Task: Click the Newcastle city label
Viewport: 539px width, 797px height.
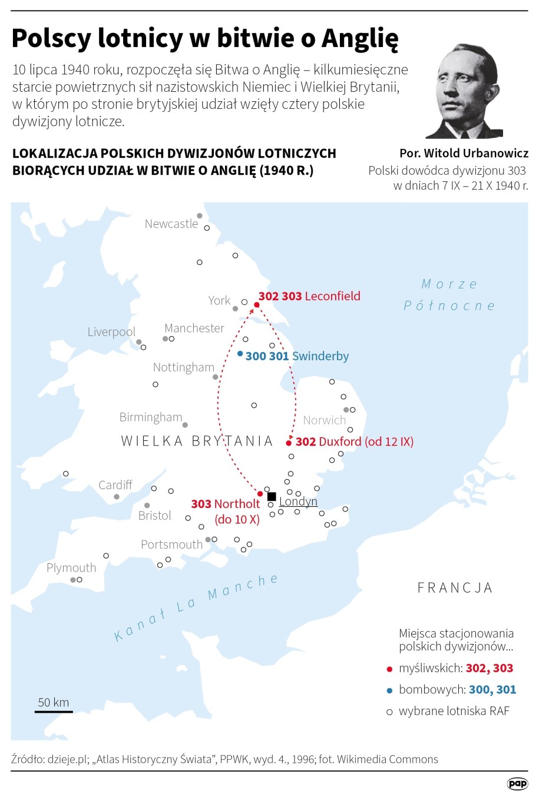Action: pyautogui.click(x=171, y=224)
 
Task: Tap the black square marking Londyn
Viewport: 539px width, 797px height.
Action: pyautogui.click(x=272, y=496)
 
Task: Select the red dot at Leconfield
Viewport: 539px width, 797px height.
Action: pyautogui.click(x=256, y=305)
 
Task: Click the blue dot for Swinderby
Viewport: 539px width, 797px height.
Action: pyautogui.click(x=240, y=354)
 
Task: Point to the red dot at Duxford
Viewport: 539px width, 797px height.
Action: pyautogui.click(x=289, y=443)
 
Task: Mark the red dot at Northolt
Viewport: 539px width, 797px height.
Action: pyautogui.click(x=260, y=493)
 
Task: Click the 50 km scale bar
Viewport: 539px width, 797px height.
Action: pyautogui.click(x=54, y=711)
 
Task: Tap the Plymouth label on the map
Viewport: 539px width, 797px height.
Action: pyautogui.click(x=71, y=567)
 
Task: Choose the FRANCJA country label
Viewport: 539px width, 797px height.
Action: pyautogui.click(x=455, y=587)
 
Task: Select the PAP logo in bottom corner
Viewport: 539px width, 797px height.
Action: pyautogui.click(x=518, y=783)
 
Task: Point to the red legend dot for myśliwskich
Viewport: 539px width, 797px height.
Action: pyautogui.click(x=389, y=669)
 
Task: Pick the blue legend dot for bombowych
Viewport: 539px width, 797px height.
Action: pyautogui.click(x=389, y=690)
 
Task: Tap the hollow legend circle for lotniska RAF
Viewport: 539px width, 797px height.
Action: pyautogui.click(x=389, y=712)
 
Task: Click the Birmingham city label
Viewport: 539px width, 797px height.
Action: pyautogui.click(x=151, y=417)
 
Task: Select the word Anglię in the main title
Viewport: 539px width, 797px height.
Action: pyautogui.click(x=360, y=39)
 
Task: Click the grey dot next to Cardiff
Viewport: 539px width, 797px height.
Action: pyautogui.click(x=117, y=497)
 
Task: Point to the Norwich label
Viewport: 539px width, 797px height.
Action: pyautogui.click(x=324, y=420)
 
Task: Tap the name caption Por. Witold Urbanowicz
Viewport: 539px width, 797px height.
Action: pyautogui.click(x=464, y=153)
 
